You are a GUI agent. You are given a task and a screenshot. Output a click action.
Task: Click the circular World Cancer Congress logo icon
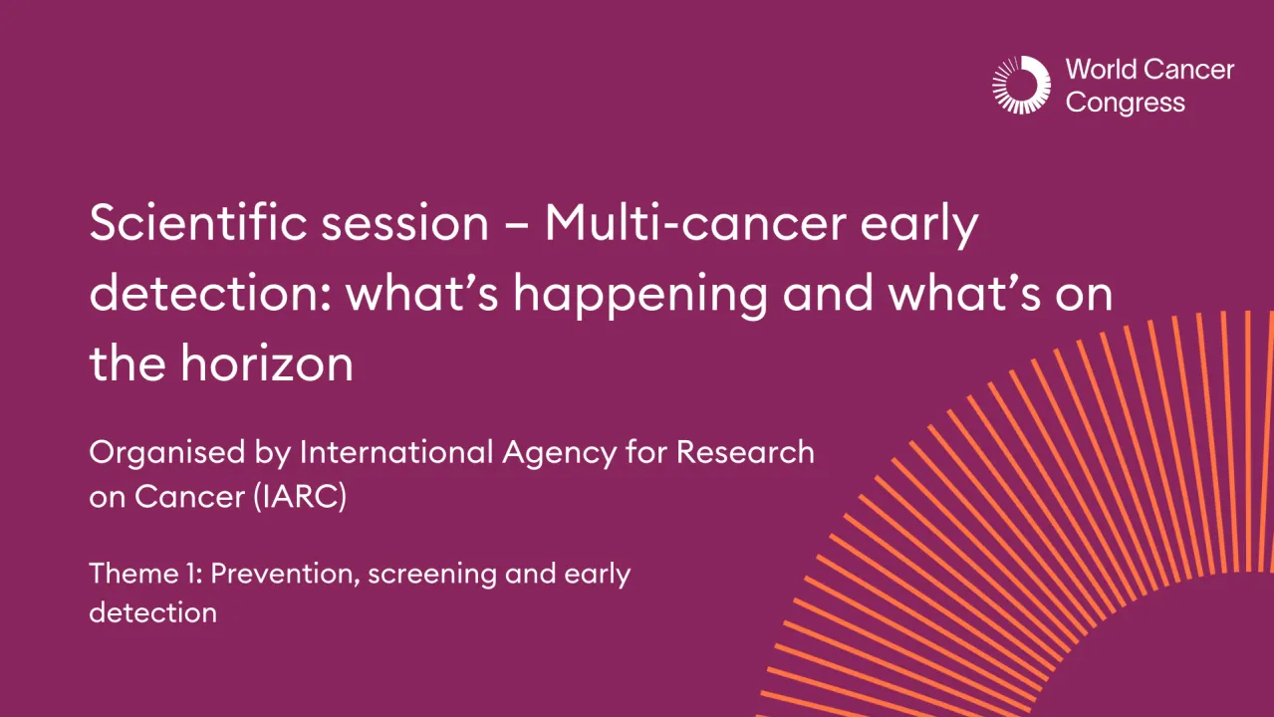[x=1021, y=85]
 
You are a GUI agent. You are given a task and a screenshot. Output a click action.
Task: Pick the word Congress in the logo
[x=1125, y=103]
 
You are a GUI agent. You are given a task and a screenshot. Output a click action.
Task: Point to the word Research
[x=745, y=453]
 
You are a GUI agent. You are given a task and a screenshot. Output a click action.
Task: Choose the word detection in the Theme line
[x=152, y=611]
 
